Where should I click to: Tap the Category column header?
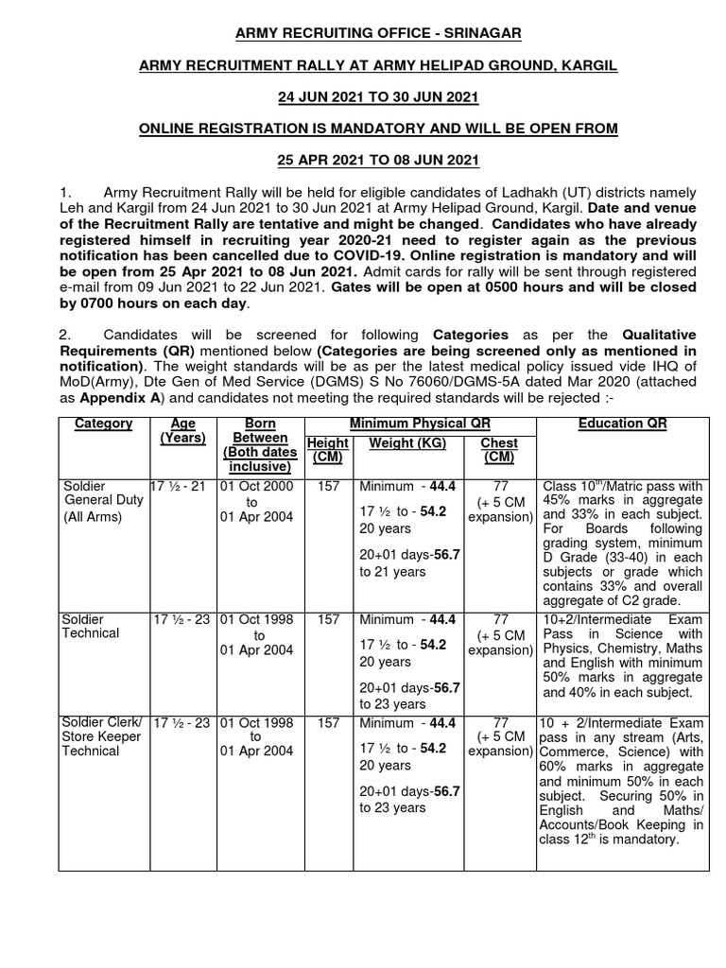pos(104,423)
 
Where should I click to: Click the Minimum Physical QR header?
pos(420,423)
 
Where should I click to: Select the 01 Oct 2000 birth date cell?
pos(256,486)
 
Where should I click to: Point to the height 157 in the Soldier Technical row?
pos(328,619)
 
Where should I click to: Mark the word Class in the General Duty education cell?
pos(561,486)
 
